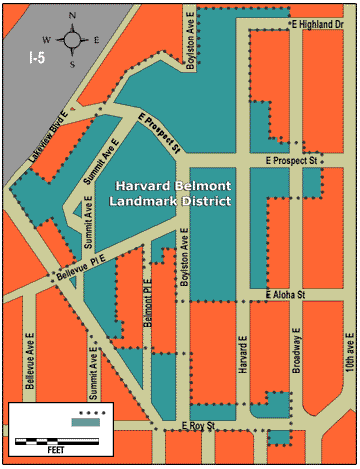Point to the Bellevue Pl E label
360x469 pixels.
tap(81, 261)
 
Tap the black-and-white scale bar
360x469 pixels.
tap(56, 440)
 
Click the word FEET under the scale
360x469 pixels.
tap(56, 451)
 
